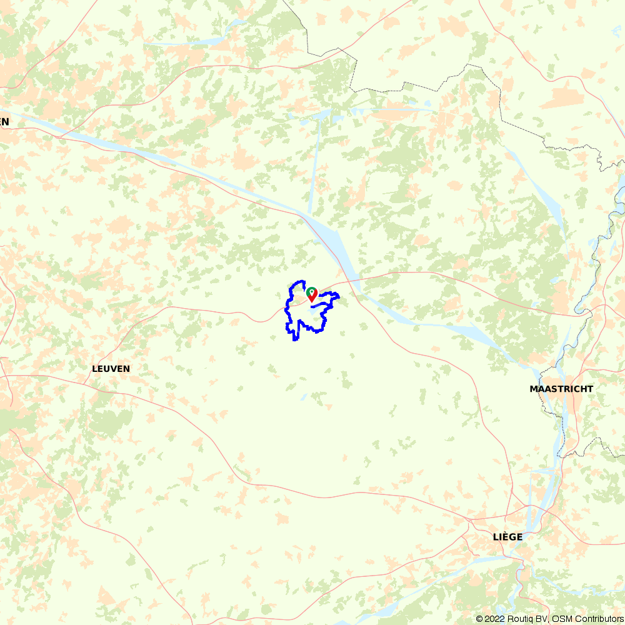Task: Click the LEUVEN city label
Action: tap(111, 369)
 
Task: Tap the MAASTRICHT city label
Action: tap(561, 389)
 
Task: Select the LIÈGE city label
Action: tap(507, 537)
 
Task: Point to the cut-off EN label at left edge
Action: tap(4, 122)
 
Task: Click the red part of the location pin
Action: tap(312, 297)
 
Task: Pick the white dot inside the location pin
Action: tap(311, 291)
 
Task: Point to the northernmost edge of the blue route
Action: tap(301, 281)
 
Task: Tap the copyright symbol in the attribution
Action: tap(479, 619)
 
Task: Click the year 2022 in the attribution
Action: tap(494, 619)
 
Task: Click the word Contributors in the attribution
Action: tap(597, 619)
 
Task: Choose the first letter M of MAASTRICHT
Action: tap(534, 389)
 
